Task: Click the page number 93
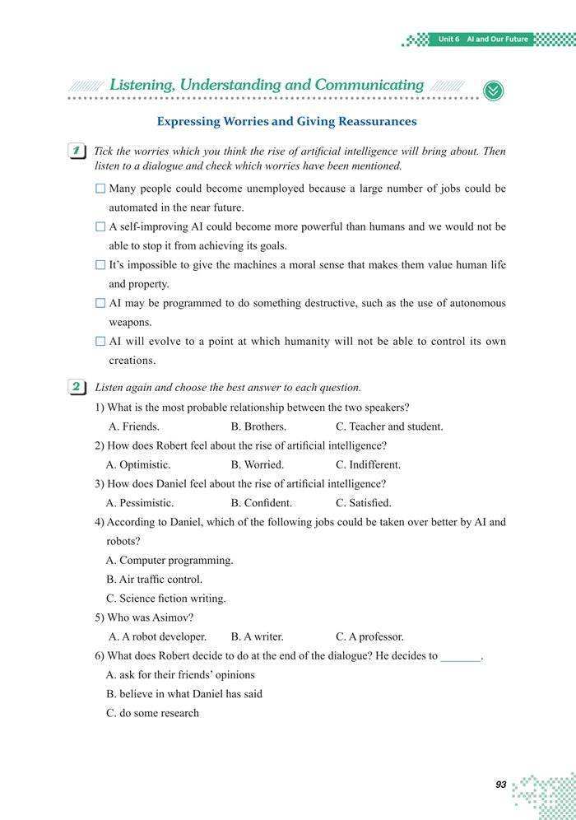[500, 785]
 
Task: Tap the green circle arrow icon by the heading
[493, 90]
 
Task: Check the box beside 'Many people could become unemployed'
[100, 189]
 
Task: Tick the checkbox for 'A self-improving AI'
[100, 226]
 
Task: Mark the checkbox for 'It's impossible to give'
[100, 265]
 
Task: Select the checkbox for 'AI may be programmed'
[100, 303]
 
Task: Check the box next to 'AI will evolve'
[100, 341]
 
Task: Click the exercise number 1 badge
[78, 151]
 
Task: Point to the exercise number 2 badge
[78, 387]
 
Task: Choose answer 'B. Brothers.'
[258, 426]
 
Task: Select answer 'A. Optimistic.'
[138, 464]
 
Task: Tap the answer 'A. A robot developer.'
[157, 636]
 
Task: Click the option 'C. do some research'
[152, 713]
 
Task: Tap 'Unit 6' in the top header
[449, 40]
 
